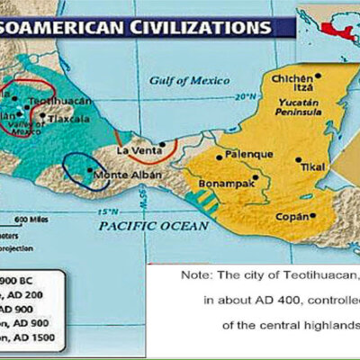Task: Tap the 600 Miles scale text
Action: click(30, 219)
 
